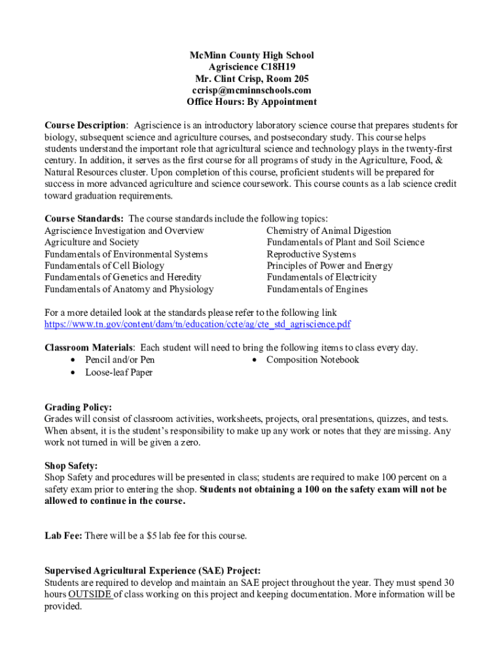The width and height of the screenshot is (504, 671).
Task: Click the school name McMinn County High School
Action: pyautogui.click(x=251, y=55)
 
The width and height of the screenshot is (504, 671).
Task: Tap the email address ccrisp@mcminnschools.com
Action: pyautogui.click(x=251, y=90)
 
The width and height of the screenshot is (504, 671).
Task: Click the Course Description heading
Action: pyautogui.click(x=85, y=125)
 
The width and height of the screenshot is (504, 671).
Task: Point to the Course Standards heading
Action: pyautogui.click(x=84, y=219)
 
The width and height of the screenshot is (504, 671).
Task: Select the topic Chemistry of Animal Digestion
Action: pyautogui.click(x=329, y=231)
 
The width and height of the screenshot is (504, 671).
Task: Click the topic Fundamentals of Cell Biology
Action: pyautogui.click(x=104, y=266)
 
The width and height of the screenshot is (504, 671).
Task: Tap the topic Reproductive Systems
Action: pyautogui.click(x=311, y=254)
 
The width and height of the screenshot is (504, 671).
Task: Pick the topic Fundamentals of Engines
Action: pyautogui.click(x=317, y=290)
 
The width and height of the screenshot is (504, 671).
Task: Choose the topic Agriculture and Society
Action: pyautogui.click(x=92, y=242)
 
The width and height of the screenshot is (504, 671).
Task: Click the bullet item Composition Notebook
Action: pyautogui.click(x=312, y=360)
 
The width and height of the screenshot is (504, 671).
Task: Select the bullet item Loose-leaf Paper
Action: pyautogui.click(x=118, y=373)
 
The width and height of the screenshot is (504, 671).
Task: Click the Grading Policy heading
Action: pyautogui.click(x=78, y=407)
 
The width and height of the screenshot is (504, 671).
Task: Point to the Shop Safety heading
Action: pyautogui.click(x=71, y=466)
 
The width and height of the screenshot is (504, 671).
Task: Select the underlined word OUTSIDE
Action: pyautogui.click(x=90, y=594)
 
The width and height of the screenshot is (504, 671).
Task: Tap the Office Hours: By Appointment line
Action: pyautogui.click(x=251, y=102)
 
